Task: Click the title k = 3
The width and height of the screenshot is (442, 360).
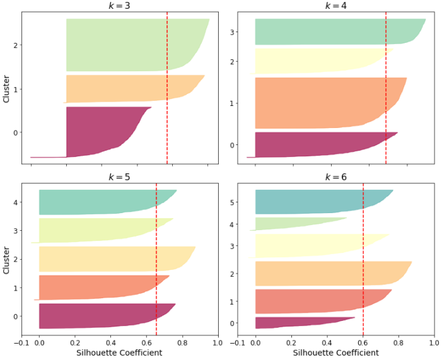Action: [119, 6]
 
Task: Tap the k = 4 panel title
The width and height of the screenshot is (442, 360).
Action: [335, 6]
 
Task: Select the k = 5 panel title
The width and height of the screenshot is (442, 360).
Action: [119, 177]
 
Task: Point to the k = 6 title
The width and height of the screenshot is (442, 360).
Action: [335, 177]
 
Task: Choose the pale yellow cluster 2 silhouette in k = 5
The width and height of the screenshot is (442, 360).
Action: [107, 258]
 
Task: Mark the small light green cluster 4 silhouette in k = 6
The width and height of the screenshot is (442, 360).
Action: [290, 224]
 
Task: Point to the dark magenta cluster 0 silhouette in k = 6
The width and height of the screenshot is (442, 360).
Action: [290, 323]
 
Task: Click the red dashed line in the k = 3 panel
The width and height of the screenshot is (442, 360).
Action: [167, 88]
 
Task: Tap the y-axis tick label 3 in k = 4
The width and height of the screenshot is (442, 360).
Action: [233, 32]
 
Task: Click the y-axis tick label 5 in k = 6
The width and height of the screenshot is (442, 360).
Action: [233, 202]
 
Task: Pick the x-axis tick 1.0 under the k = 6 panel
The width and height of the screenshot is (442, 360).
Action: [434, 343]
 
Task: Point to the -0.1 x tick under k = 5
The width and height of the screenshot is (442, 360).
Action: [21, 343]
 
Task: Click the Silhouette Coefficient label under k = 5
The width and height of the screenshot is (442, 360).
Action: [119, 353]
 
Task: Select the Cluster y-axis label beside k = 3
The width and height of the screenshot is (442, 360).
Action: [6, 88]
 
